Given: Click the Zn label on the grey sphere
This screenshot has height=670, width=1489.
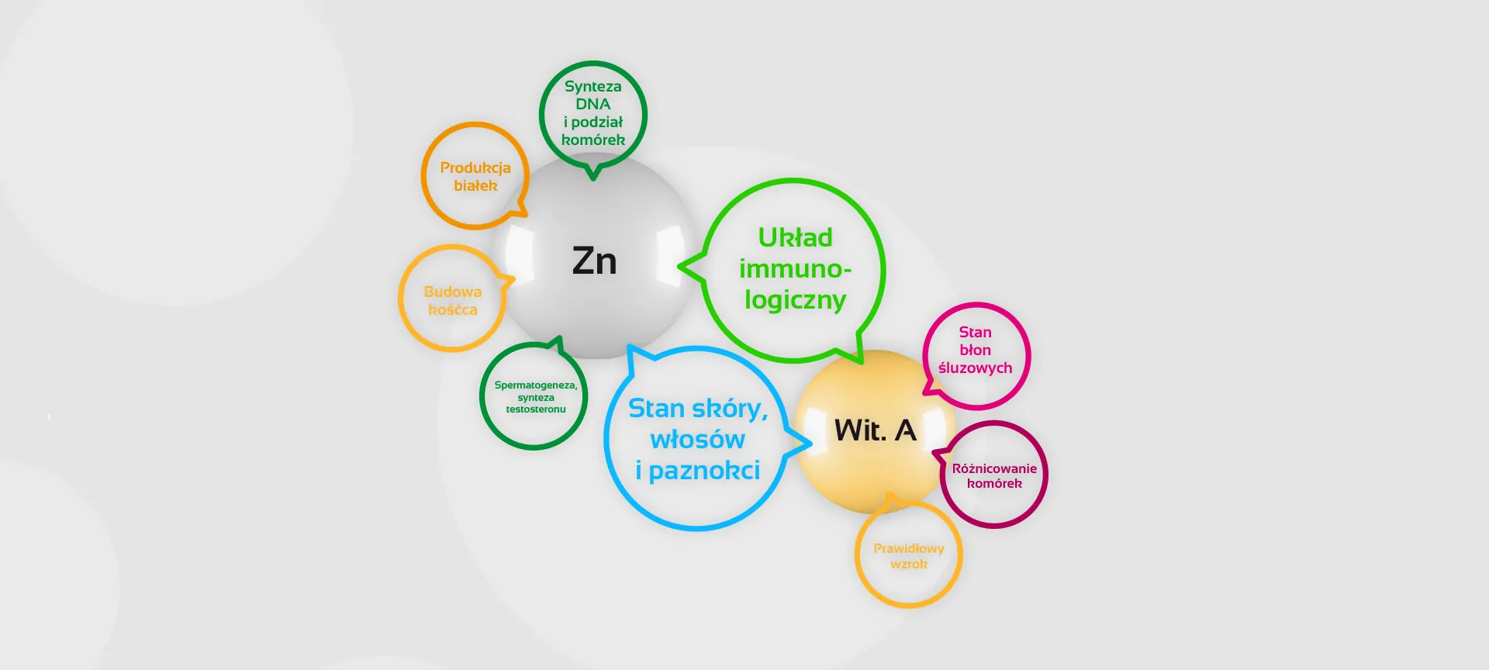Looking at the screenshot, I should click(x=594, y=261).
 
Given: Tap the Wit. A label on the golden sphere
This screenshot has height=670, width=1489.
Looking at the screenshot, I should click(x=875, y=430).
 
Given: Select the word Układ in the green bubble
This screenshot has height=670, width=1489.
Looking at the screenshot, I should click(x=795, y=237).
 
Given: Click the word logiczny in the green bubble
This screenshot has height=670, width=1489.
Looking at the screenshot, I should click(x=795, y=300).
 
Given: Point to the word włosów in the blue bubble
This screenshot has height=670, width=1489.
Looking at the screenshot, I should click(x=697, y=440).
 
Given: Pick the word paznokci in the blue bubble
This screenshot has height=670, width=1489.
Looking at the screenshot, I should click(x=704, y=471).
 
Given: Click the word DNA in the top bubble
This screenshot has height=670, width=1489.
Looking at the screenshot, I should click(x=592, y=104).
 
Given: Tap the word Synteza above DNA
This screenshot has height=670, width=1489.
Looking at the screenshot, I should click(x=592, y=86).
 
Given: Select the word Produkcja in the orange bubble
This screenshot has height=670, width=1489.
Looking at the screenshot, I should click(x=475, y=167).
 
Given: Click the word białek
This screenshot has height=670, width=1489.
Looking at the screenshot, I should click(x=475, y=185).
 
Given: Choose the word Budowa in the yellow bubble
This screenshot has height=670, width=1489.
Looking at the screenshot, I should click(x=452, y=292).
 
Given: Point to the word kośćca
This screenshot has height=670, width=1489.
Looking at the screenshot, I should click(x=452, y=309).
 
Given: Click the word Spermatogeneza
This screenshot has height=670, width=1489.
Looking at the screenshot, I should click(x=535, y=385).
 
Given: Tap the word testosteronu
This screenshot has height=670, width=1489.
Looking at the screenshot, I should click(x=535, y=409).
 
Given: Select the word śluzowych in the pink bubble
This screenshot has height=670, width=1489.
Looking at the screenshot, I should click(x=975, y=368).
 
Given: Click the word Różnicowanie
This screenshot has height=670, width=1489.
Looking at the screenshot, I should click(x=994, y=468).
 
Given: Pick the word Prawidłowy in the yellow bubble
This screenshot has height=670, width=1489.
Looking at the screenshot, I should click(x=908, y=548).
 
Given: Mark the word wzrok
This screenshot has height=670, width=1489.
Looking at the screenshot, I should click(x=908, y=564).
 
